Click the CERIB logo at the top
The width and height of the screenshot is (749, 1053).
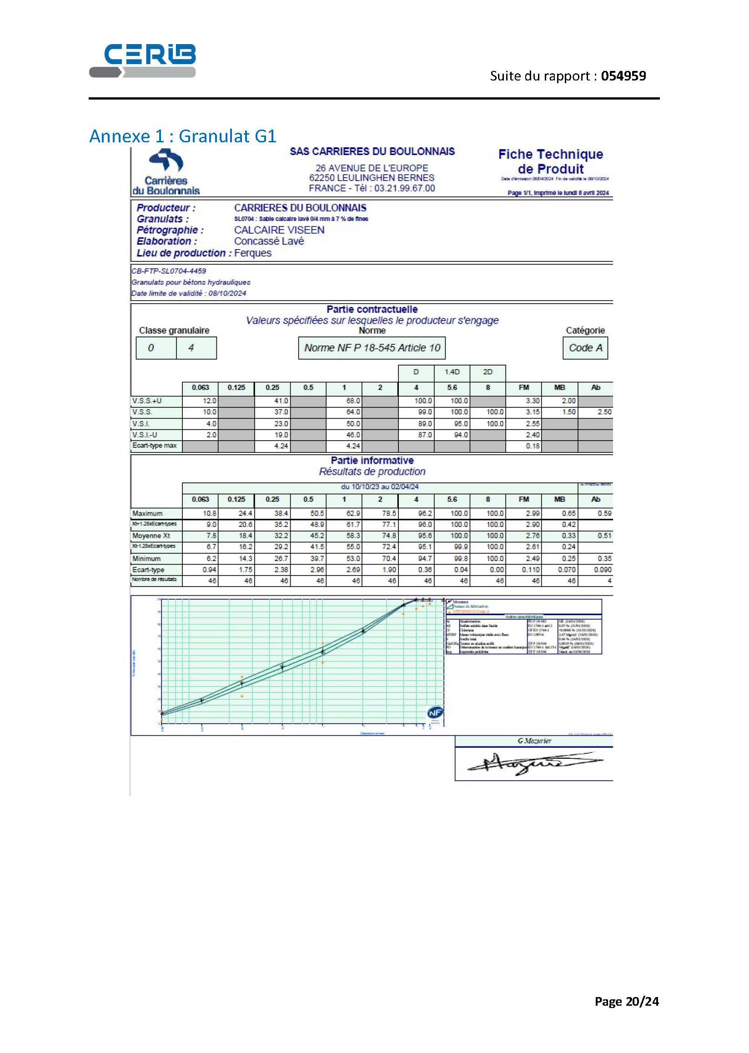(142, 60)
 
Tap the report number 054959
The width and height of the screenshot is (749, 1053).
(623, 76)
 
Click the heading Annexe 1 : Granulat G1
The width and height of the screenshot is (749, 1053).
(183, 136)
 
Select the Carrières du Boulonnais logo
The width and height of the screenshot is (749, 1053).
(166, 172)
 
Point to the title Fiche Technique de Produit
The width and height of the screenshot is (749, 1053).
(550, 161)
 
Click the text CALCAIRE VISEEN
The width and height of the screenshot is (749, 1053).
(279, 230)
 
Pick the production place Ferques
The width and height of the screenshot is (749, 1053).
(253, 253)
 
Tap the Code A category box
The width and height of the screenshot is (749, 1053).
(585, 348)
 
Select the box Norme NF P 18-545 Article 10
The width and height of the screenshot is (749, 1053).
(372, 348)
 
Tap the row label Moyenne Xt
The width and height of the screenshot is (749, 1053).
(151, 536)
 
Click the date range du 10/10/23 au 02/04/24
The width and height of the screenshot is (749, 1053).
(380, 487)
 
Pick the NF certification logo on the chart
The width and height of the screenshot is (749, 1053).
(435, 713)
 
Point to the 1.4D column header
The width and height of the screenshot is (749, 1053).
(452, 372)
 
